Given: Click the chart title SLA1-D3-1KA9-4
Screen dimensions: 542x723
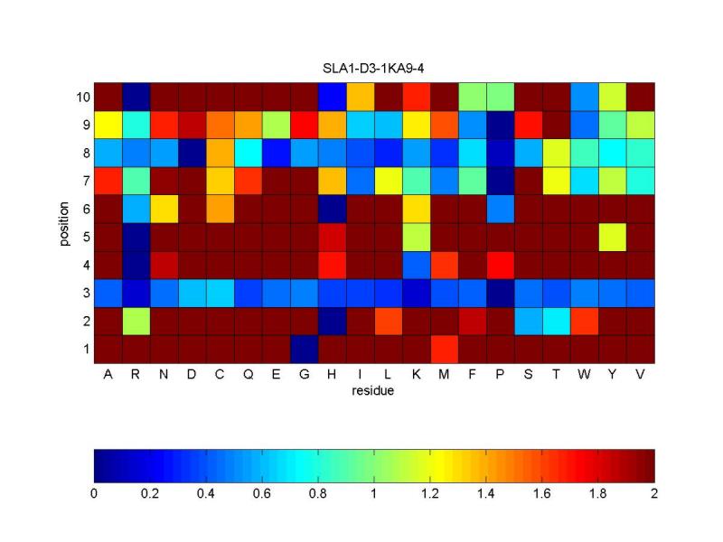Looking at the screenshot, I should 373,69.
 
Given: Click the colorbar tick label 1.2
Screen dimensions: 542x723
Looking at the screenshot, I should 430,494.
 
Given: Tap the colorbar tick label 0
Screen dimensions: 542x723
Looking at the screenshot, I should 94,494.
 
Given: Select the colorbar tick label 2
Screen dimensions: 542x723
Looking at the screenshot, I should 653,494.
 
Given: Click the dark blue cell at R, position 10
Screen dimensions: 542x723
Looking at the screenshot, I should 136,96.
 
